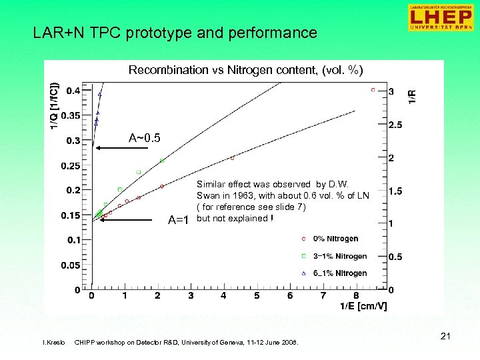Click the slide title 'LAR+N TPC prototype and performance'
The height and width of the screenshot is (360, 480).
[x=175, y=33]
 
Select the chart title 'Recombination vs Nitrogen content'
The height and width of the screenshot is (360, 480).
[x=245, y=70]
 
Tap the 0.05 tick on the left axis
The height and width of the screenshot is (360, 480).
[x=71, y=265]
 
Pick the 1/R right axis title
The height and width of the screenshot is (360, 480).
[x=413, y=97]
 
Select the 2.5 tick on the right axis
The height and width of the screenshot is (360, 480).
[x=395, y=125]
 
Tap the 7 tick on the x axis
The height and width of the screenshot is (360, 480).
[x=323, y=295]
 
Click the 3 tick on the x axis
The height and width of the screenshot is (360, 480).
[x=191, y=295]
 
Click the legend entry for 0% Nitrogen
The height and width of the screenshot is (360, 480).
[x=335, y=239]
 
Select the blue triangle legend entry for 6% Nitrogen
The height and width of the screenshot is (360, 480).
[x=335, y=273]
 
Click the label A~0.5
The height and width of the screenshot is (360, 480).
[x=144, y=139]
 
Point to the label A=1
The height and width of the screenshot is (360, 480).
[x=179, y=221]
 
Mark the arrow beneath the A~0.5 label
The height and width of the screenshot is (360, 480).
[x=119, y=150]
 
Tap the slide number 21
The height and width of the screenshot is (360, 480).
[x=445, y=337]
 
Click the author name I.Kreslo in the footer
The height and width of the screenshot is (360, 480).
[x=54, y=343]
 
